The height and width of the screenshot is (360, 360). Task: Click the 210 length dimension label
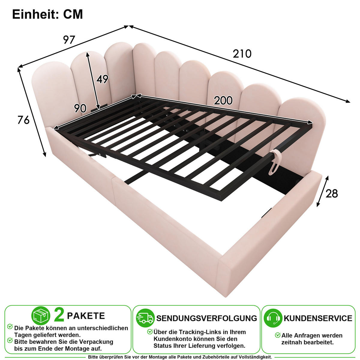(x=242, y=54)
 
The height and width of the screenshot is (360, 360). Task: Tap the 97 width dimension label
(x=69, y=40)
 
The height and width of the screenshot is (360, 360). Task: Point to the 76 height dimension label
(x=23, y=120)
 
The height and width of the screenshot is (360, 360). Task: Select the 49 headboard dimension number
(x=102, y=79)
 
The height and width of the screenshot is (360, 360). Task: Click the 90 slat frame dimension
(x=80, y=108)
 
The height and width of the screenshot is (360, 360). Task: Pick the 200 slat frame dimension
(x=223, y=100)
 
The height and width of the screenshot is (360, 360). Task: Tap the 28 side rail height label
(x=332, y=193)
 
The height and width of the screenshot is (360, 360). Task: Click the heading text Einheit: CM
(x=47, y=14)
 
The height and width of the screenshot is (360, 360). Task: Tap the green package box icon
(x=40, y=316)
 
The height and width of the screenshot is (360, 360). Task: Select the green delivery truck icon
(x=145, y=318)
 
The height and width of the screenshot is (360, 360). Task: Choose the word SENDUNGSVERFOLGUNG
(x=207, y=318)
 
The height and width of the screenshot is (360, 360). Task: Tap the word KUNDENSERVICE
(x=318, y=318)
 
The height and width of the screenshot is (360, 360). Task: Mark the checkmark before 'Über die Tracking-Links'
(x=150, y=331)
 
